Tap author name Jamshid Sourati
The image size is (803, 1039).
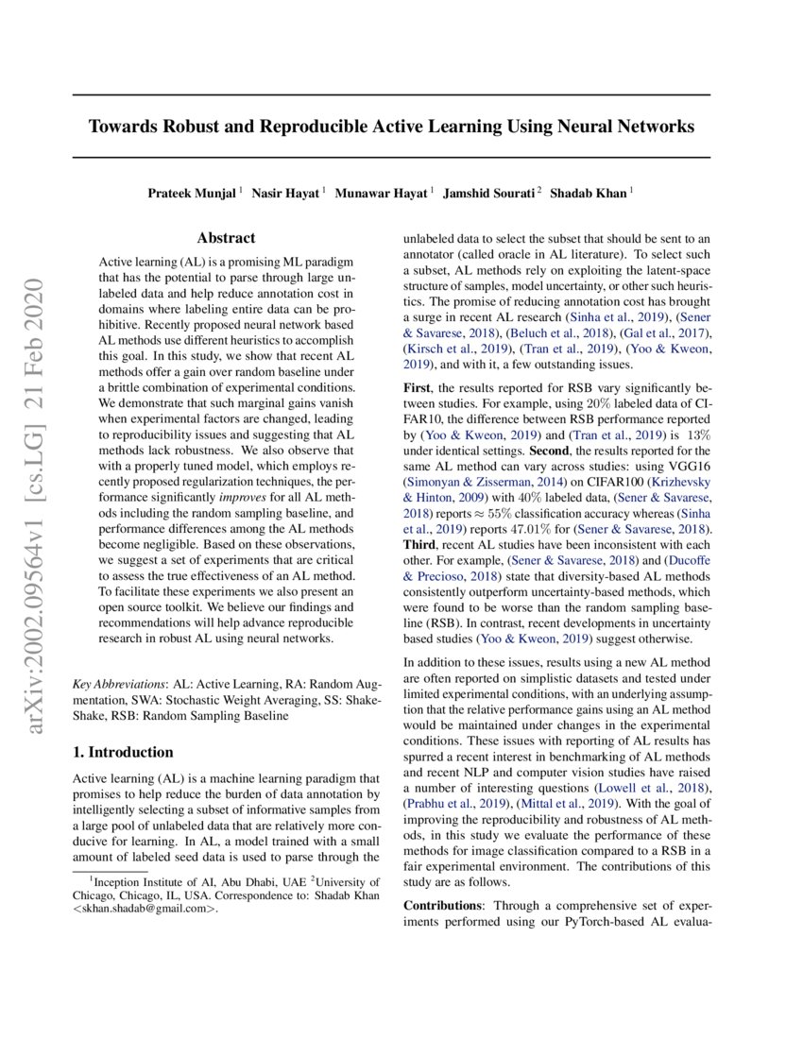[490, 193]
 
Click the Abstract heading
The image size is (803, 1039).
[226, 239]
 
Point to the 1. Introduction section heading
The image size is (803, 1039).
[123, 752]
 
